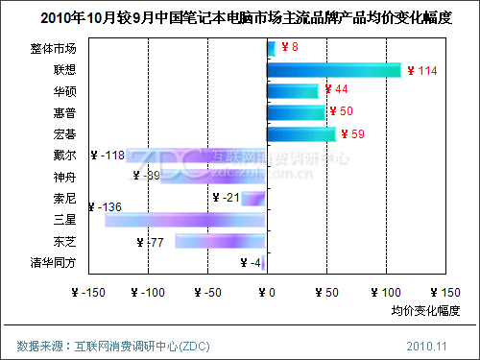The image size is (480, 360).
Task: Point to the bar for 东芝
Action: (x=220, y=241)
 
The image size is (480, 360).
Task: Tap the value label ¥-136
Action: (x=105, y=206)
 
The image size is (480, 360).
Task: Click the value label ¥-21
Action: (x=226, y=198)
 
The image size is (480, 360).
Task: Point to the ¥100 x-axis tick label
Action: (x=387, y=292)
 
